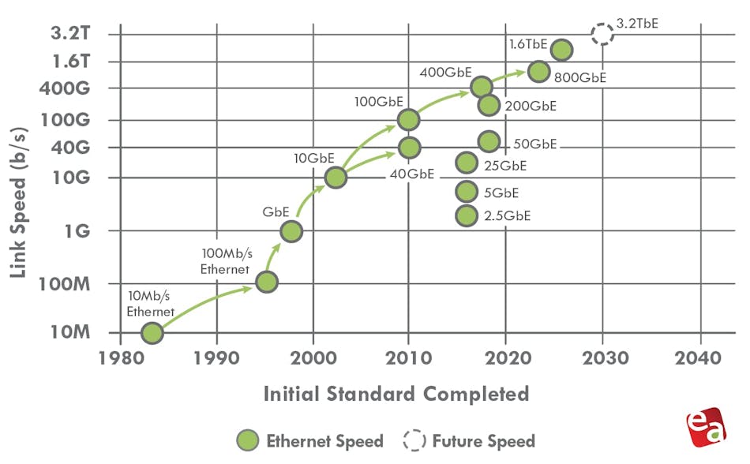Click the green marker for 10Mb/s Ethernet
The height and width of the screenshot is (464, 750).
(152, 333)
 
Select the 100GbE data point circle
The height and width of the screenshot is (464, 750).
(408, 120)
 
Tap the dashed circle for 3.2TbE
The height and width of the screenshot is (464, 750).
(602, 33)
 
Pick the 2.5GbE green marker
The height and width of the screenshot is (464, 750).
(467, 215)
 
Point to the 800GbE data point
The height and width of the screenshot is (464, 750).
(538, 71)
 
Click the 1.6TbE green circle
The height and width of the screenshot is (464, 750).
(561, 50)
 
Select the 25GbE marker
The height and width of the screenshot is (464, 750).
(467, 163)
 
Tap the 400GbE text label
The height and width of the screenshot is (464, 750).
(446, 72)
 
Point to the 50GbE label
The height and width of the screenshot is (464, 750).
(535, 144)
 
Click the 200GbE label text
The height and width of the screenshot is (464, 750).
(530, 106)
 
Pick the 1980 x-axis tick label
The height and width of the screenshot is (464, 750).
(120, 357)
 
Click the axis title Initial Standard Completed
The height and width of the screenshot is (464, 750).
(396, 393)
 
